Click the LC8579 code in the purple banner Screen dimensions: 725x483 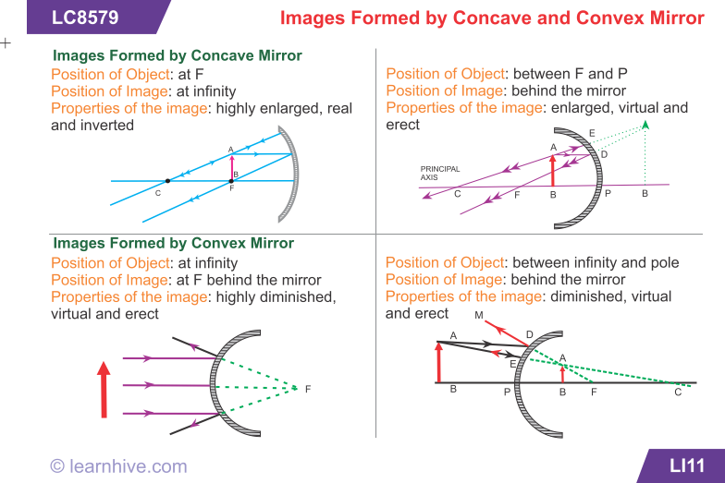click(x=85, y=18)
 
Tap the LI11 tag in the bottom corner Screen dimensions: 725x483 click(x=687, y=465)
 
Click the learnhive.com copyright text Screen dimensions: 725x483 click(x=118, y=466)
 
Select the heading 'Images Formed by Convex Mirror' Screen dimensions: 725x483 click(x=174, y=243)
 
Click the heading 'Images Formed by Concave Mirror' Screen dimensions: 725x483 click(x=178, y=55)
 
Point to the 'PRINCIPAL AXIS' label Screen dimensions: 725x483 click(x=440, y=174)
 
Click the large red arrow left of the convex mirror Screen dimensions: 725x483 click(x=104, y=390)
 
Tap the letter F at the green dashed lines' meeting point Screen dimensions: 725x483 click(x=308, y=390)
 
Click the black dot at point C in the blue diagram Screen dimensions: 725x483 click(x=167, y=181)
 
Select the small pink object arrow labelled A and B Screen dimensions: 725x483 click(x=231, y=167)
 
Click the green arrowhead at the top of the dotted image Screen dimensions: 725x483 click(x=645, y=125)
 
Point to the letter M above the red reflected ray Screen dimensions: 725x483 click(x=479, y=315)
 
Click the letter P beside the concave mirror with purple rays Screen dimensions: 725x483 click(x=608, y=194)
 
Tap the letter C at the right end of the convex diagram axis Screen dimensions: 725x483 click(x=678, y=392)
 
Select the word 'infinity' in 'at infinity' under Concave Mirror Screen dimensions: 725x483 click(x=215, y=91)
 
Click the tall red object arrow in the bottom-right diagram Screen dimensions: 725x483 click(x=438, y=362)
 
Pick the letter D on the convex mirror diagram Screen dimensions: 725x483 click(x=529, y=334)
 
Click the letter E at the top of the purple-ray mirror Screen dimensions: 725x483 click(x=592, y=133)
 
